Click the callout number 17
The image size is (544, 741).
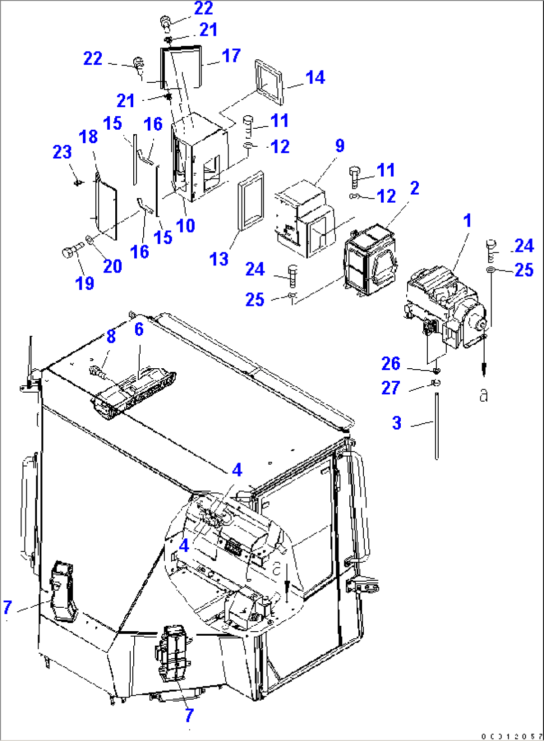[231, 56]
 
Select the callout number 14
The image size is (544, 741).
[315, 78]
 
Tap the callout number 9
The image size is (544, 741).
[339, 146]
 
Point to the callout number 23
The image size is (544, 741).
[62, 152]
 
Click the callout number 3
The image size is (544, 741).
[397, 423]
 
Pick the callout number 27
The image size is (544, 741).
[390, 388]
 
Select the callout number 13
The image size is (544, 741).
[219, 259]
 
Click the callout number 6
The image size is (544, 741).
[139, 329]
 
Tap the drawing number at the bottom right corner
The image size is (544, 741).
[512, 737]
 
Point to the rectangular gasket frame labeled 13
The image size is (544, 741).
[251, 201]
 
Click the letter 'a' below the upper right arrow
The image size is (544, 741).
[483, 395]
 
